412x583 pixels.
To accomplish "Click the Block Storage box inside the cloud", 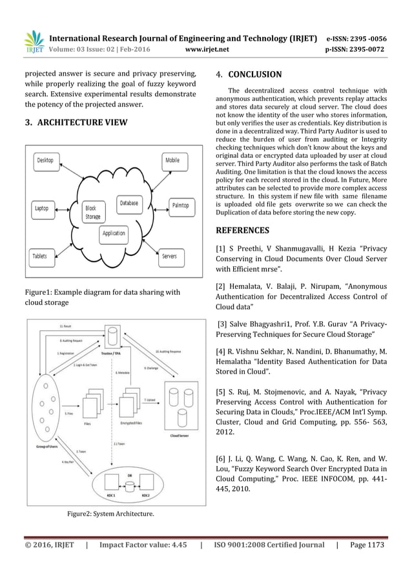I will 94,213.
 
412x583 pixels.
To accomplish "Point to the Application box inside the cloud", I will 114,233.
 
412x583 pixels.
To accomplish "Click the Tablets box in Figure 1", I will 41,257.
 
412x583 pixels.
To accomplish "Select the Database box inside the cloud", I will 129,203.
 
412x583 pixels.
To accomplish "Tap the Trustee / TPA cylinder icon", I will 113,335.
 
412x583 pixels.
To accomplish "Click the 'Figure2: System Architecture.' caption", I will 111,514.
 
